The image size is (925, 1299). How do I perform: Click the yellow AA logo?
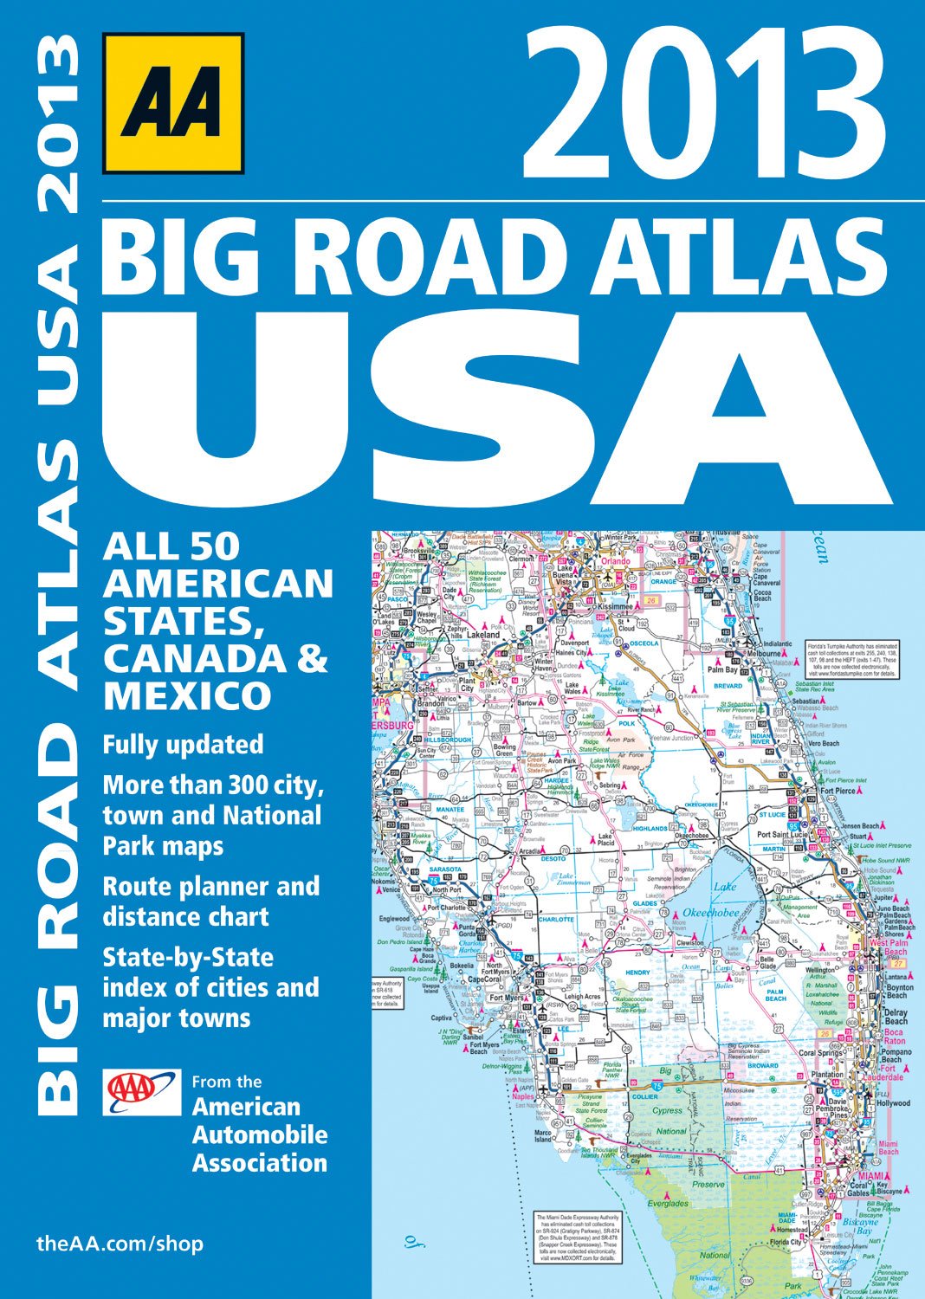[x=172, y=104]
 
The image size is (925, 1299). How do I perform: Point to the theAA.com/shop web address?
[x=120, y=1244]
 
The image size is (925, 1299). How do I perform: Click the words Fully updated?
[x=183, y=745]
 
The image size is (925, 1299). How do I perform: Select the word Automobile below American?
[x=260, y=1134]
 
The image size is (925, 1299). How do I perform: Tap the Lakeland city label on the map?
[x=483, y=635]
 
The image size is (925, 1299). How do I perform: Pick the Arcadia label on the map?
[x=531, y=851]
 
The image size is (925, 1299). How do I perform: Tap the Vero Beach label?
[x=823, y=743]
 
